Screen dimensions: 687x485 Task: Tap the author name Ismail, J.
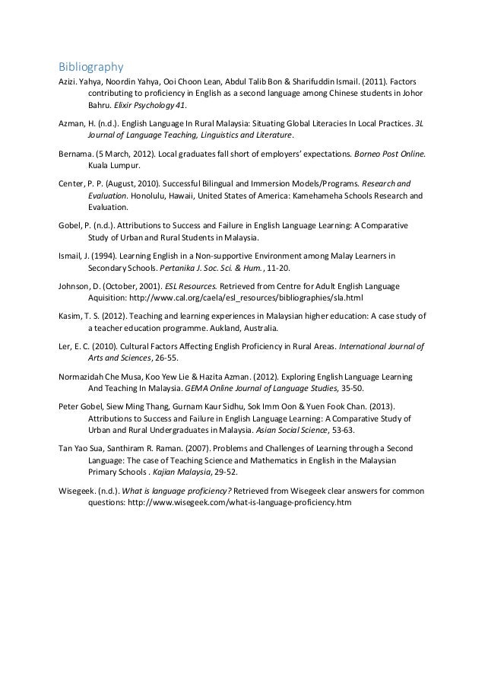pos(76,255)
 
